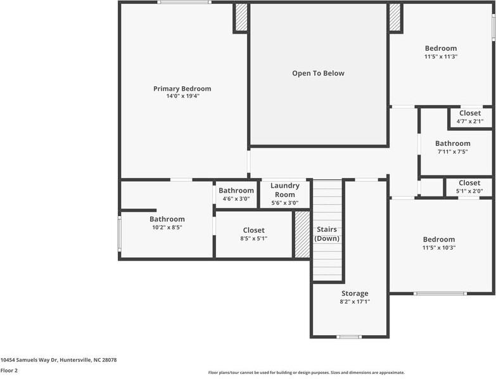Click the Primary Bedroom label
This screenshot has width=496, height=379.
point(182,89)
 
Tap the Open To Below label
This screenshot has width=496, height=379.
point(318,74)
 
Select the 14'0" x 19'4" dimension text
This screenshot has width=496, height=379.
point(182,97)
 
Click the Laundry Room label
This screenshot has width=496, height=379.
point(284,190)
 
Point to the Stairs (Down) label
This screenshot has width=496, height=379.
point(327,234)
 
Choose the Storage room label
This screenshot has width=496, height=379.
point(354,293)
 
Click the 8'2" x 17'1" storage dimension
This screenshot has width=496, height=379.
point(354,302)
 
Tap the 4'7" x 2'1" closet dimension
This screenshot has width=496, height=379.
point(470,121)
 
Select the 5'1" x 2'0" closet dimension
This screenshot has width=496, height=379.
point(469,191)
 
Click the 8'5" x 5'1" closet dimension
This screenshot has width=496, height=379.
point(253,239)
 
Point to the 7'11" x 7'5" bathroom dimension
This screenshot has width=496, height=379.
point(452,151)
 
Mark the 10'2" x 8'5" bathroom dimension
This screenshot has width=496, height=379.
point(167,228)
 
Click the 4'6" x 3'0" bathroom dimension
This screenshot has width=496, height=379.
point(236,198)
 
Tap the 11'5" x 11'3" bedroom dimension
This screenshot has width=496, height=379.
point(440,56)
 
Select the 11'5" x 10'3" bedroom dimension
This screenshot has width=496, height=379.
point(439,248)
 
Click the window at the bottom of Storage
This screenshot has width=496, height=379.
point(349,337)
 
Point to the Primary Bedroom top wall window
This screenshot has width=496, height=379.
point(184,3)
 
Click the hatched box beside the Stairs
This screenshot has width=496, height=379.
point(302,234)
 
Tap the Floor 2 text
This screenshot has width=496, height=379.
point(9,370)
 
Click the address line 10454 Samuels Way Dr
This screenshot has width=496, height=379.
point(58,360)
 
